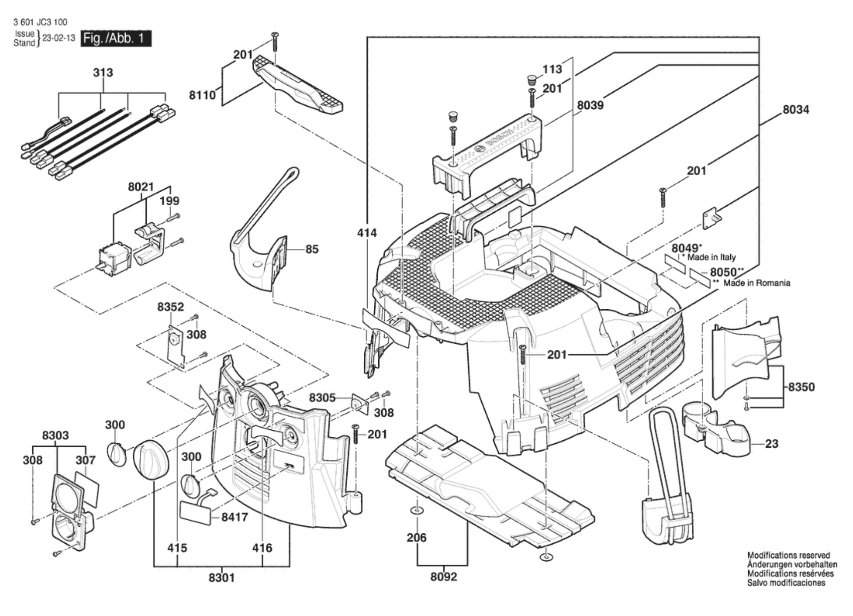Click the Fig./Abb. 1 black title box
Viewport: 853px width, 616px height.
point(116,38)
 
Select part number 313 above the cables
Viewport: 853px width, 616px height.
point(103,73)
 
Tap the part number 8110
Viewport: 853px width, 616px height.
point(202,95)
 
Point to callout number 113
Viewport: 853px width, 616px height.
point(552,69)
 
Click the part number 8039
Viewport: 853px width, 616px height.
point(590,105)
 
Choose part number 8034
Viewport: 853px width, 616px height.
point(796,110)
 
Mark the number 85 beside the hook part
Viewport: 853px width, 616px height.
point(312,249)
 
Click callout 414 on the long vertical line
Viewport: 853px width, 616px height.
point(367,233)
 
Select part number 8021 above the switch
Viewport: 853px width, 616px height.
point(141,187)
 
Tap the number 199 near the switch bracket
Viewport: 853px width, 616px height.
point(169,201)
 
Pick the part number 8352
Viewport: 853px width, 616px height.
point(171,307)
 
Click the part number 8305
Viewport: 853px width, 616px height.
point(322,398)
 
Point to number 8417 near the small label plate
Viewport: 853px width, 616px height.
point(235,517)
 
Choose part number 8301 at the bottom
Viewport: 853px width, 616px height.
point(222,578)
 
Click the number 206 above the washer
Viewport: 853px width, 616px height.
point(416,538)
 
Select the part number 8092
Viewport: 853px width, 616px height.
point(443,577)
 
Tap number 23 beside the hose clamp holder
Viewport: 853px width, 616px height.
point(772,444)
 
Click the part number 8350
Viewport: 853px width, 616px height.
point(801,387)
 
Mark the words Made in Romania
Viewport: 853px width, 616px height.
point(757,283)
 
